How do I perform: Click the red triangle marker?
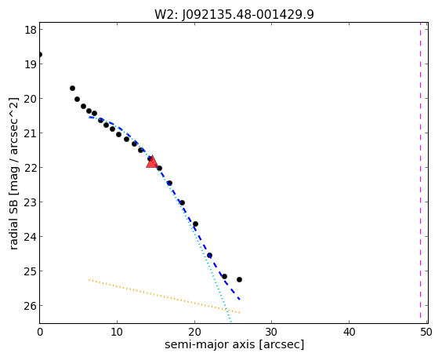pos(152,162)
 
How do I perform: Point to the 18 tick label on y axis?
pos(31,30)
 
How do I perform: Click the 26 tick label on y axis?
pos(31,306)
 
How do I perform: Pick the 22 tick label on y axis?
pos(31,168)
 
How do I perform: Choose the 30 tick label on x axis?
pos(271,332)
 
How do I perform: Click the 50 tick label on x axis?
pos(426,332)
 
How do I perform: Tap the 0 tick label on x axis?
pos(40,332)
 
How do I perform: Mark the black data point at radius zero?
pos(40,54)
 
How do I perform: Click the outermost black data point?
pos(239,279)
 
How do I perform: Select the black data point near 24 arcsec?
pos(224,276)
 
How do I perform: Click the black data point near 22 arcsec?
pos(209,256)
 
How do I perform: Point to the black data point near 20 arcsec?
pos(195,224)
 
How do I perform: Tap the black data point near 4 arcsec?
pos(72,88)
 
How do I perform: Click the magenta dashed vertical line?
pos(420,173)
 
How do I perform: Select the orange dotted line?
pos(165,296)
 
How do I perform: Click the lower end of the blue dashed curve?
pos(240,300)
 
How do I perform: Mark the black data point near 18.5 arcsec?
pos(182,202)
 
